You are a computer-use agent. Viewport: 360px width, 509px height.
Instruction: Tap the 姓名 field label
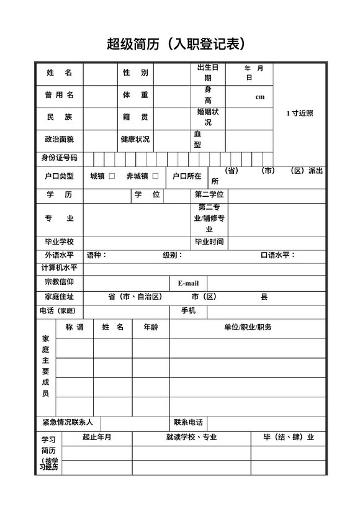[x=59, y=73]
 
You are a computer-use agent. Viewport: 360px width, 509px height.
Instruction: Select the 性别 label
[x=135, y=73]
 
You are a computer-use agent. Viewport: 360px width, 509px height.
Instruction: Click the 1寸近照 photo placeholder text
[x=300, y=113]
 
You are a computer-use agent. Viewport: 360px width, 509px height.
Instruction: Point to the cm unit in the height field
[x=259, y=97]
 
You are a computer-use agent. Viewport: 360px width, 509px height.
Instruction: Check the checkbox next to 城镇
[x=112, y=176]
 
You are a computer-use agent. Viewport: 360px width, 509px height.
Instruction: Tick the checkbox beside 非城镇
[x=155, y=176]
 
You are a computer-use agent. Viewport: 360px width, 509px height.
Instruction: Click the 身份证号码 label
[x=59, y=158]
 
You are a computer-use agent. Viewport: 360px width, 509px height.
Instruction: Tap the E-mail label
[x=188, y=283]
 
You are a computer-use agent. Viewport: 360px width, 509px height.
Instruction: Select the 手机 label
[x=188, y=310]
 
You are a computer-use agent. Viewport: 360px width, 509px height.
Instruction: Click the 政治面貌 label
[x=59, y=139]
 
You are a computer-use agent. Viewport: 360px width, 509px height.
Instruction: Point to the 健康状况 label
[x=135, y=139]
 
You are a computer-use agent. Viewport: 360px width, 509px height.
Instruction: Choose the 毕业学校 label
[x=59, y=241]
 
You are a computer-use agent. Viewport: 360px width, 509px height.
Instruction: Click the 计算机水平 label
[x=59, y=268]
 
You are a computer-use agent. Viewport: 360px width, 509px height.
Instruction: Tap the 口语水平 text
[x=277, y=255]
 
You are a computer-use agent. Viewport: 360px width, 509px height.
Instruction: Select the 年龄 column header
[x=151, y=327]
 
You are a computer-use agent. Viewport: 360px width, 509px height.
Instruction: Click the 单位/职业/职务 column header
[x=248, y=327]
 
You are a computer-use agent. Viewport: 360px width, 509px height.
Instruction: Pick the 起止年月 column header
[x=97, y=437]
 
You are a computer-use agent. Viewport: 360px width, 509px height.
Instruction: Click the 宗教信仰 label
[x=59, y=282]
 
